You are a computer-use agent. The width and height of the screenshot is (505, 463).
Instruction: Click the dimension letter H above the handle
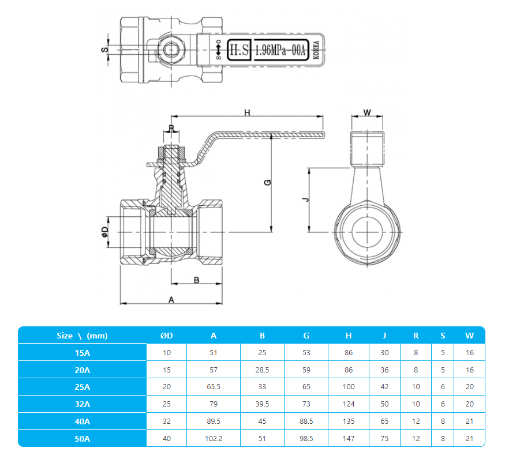(246, 112)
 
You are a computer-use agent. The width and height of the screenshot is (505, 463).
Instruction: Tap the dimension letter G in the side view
(267, 182)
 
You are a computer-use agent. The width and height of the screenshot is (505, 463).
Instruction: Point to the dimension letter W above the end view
(368, 112)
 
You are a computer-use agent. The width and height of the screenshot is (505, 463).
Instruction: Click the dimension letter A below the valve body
(171, 299)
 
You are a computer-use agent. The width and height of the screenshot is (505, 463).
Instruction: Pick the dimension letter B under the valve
(196, 280)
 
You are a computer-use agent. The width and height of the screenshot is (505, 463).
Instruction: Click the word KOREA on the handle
(316, 51)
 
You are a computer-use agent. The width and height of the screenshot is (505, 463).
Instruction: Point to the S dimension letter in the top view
(105, 50)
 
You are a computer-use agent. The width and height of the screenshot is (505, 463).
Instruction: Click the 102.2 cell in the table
(214, 439)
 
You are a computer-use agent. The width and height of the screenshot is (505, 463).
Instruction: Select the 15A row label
(82, 352)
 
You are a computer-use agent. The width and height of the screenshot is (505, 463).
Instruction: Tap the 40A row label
(82, 421)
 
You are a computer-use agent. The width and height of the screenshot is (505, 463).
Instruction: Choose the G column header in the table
(306, 336)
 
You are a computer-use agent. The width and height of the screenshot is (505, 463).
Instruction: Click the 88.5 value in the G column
(306, 421)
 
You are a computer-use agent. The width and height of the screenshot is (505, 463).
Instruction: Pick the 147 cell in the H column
(349, 439)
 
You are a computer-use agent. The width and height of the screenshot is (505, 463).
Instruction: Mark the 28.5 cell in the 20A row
(262, 370)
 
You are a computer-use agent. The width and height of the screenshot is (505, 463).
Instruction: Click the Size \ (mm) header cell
(82, 336)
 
